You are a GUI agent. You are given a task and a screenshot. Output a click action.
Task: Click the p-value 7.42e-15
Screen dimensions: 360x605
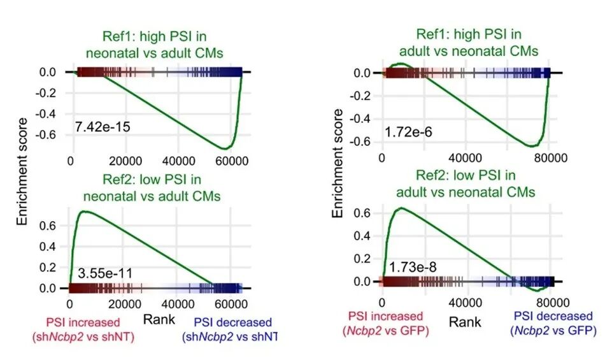103,127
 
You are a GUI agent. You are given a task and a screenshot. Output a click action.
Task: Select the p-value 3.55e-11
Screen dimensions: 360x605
105,274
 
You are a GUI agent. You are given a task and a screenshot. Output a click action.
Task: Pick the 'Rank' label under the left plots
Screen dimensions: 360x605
156,317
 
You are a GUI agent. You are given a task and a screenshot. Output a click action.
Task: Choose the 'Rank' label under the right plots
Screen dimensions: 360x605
465,322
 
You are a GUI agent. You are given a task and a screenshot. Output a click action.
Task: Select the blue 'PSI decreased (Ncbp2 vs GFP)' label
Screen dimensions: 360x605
552,323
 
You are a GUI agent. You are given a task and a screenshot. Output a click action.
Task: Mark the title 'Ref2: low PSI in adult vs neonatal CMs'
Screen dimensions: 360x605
466,184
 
